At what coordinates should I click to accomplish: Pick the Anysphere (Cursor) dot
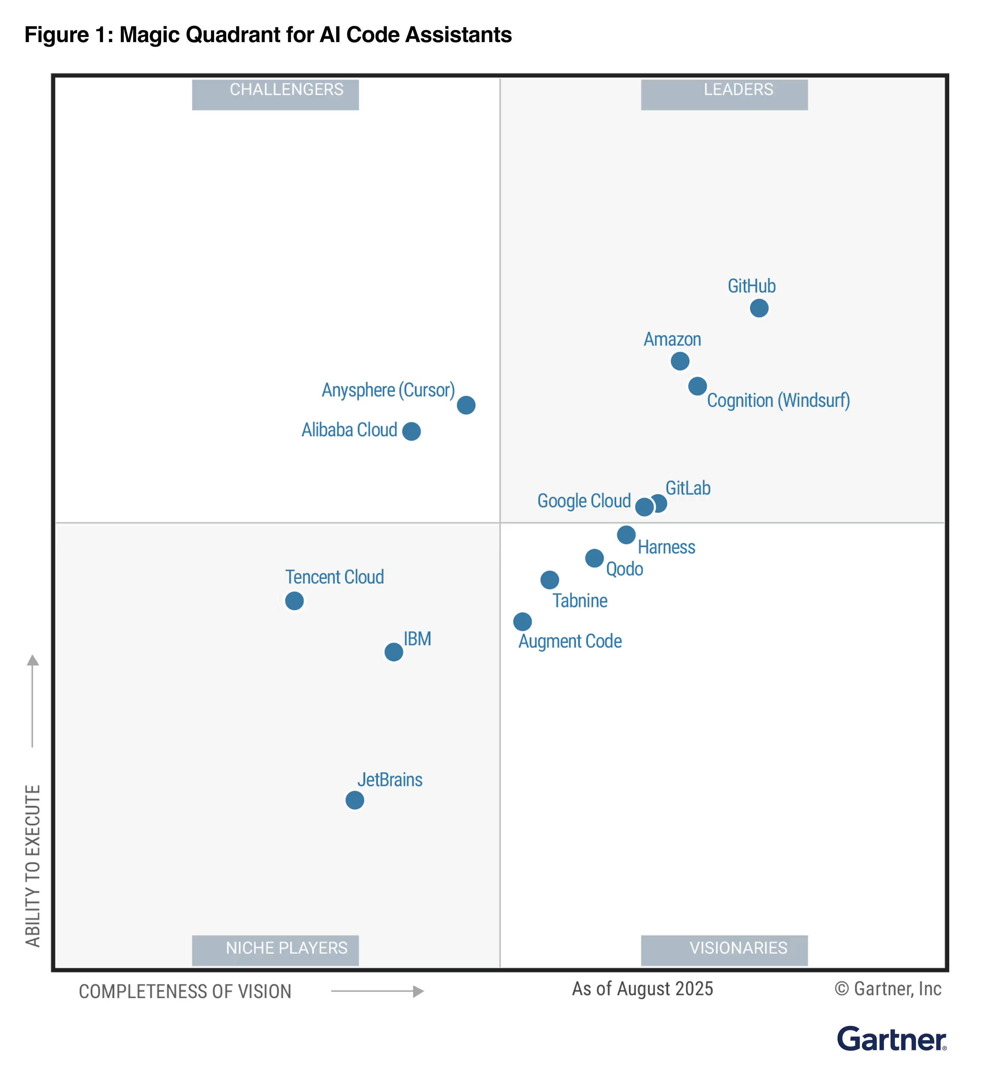pos(466,405)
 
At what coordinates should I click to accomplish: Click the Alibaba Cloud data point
pos(411,431)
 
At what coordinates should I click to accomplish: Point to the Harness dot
pos(626,534)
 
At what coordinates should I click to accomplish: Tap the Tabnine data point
pos(550,580)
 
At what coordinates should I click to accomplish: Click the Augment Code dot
pos(523,621)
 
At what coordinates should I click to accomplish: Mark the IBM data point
pos(394,652)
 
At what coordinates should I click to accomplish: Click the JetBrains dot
pos(355,800)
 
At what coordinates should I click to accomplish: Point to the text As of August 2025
pos(643,989)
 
